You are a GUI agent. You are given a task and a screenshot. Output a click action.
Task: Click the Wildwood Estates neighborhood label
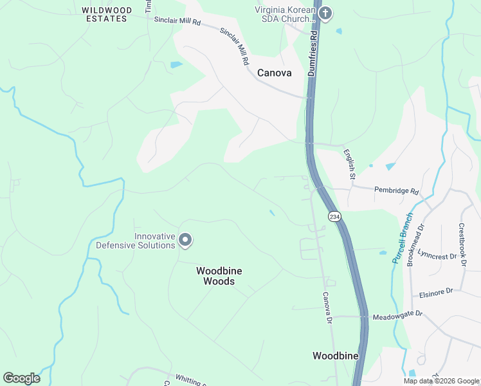(107, 14)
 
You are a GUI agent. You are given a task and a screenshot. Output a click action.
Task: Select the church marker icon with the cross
(325, 13)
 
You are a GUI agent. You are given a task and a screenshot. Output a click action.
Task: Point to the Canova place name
(274, 73)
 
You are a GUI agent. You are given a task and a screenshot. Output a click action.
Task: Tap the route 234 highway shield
(333, 217)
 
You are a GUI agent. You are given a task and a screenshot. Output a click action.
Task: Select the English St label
(349, 163)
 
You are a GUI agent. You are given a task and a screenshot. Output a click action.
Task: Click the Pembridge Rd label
(397, 192)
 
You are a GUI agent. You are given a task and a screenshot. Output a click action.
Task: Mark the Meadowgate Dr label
(398, 313)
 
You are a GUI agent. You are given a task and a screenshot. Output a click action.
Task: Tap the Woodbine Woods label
(219, 276)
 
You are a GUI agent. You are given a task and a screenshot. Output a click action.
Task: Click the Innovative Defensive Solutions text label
(136, 241)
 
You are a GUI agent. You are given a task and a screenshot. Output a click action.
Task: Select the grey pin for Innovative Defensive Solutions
(185, 241)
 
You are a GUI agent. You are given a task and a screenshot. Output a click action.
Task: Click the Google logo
(21, 378)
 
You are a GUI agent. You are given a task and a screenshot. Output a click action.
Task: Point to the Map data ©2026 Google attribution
(442, 381)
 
